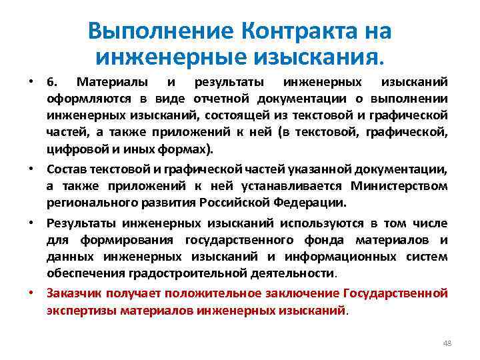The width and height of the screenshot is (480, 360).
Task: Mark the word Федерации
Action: tap(311, 202)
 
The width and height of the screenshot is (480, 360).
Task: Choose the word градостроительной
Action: tap(215, 272)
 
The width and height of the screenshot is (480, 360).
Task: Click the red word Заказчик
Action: tap(72, 293)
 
